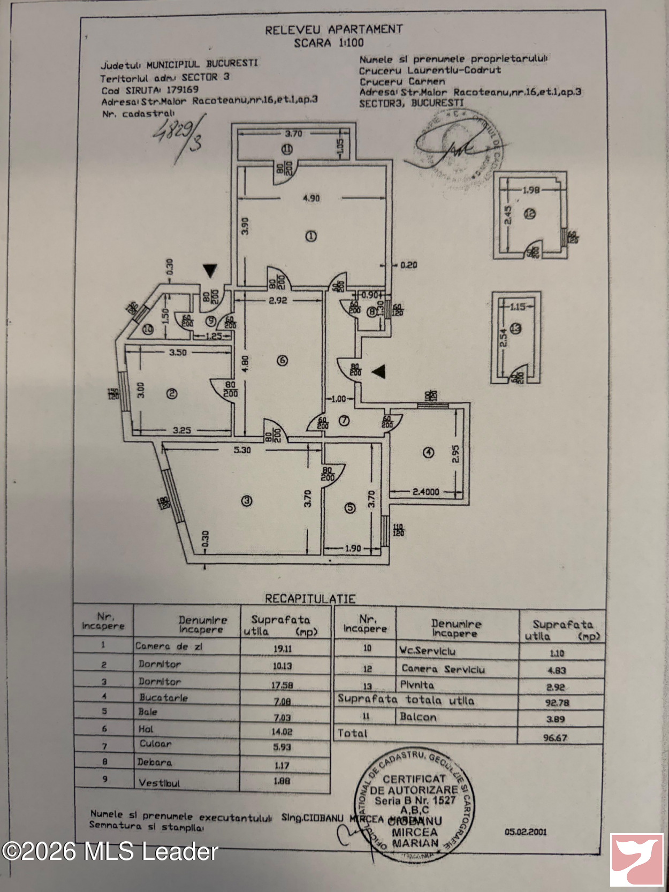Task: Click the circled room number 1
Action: click(x=311, y=236)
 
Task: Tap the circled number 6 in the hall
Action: click(x=282, y=361)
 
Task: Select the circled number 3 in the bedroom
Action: click(x=247, y=501)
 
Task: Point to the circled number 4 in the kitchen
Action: click(x=428, y=453)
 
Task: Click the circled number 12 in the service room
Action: click(x=530, y=214)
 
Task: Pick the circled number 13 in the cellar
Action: click(x=516, y=329)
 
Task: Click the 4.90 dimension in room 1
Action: click(x=311, y=198)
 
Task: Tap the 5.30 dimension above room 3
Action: click(x=242, y=450)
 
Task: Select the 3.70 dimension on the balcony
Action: click(x=293, y=134)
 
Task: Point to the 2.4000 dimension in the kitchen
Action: click(x=426, y=491)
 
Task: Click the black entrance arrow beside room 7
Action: click(x=378, y=371)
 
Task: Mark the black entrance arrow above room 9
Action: click(x=210, y=271)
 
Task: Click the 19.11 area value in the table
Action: click(x=282, y=649)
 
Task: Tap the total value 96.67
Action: click(x=555, y=737)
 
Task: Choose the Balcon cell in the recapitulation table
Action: click(x=418, y=717)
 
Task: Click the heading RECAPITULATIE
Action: click(x=310, y=598)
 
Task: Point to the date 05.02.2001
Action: click(x=526, y=832)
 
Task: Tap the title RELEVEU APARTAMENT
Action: click(x=333, y=29)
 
